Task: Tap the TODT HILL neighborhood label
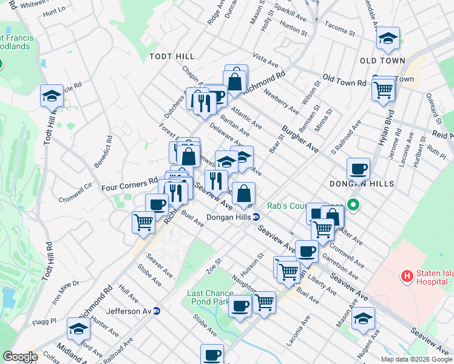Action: click(x=172, y=56)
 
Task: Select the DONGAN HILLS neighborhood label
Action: click(x=362, y=183)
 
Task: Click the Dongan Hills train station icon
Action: click(x=257, y=217)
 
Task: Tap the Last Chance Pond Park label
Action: click(x=210, y=297)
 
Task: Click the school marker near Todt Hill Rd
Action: click(x=52, y=96)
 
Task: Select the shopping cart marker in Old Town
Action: click(x=383, y=90)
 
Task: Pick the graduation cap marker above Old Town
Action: click(x=388, y=39)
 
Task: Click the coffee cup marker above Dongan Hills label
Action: click(x=358, y=169)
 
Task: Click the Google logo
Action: click(x=20, y=357)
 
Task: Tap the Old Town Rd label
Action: click(x=344, y=80)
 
